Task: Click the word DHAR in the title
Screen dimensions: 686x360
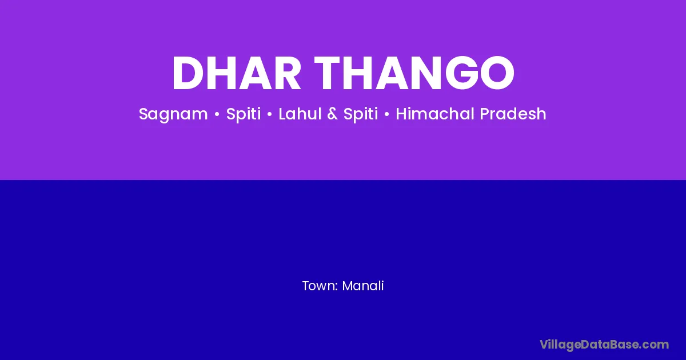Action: [x=237, y=73]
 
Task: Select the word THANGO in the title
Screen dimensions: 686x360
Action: [x=414, y=73]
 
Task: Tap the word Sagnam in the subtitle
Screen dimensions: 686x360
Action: [x=173, y=114]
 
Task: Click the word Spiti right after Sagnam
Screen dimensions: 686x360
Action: [x=244, y=114]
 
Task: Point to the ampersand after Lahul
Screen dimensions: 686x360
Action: [x=332, y=114]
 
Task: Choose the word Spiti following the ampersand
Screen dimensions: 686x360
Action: [x=361, y=114]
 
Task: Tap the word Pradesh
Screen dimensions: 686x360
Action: [x=513, y=114]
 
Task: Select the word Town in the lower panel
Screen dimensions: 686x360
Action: [x=320, y=286]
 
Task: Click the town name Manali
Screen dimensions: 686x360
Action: [x=363, y=286]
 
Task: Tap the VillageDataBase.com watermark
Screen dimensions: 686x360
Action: [x=604, y=345]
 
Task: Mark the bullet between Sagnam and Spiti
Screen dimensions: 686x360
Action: [x=217, y=114]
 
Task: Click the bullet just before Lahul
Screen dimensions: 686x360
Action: [x=269, y=114]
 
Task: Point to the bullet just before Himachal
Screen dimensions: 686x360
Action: [x=387, y=114]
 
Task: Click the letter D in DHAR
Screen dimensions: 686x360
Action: [x=189, y=73]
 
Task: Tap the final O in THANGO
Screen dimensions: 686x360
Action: [x=497, y=73]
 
